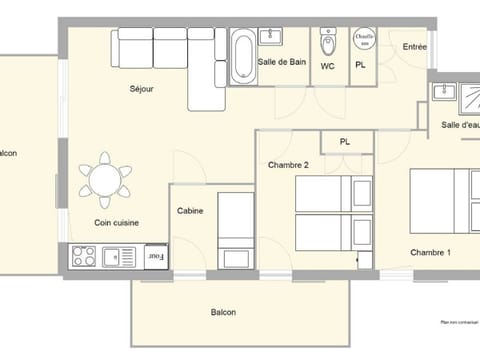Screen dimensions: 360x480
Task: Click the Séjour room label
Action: tap(142, 89)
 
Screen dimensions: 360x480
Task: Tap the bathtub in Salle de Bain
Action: tap(242, 57)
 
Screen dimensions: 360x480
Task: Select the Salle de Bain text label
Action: tap(281, 62)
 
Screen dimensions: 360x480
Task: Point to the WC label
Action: tap(328, 67)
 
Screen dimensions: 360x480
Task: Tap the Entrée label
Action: tap(414, 47)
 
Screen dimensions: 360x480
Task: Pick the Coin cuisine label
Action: tap(116, 223)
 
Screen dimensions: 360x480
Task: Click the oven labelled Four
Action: tap(155, 257)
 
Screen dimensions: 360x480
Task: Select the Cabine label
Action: tap(190, 211)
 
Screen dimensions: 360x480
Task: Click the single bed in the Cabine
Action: tap(236, 229)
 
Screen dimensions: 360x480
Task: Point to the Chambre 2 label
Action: tap(288, 164)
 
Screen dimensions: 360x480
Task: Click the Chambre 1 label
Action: tap(430, 252)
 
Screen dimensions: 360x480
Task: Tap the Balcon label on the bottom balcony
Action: tap(223, 312)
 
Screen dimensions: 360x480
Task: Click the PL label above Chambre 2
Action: tap(345, 142)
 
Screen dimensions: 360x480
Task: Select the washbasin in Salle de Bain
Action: tap(271, 38)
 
